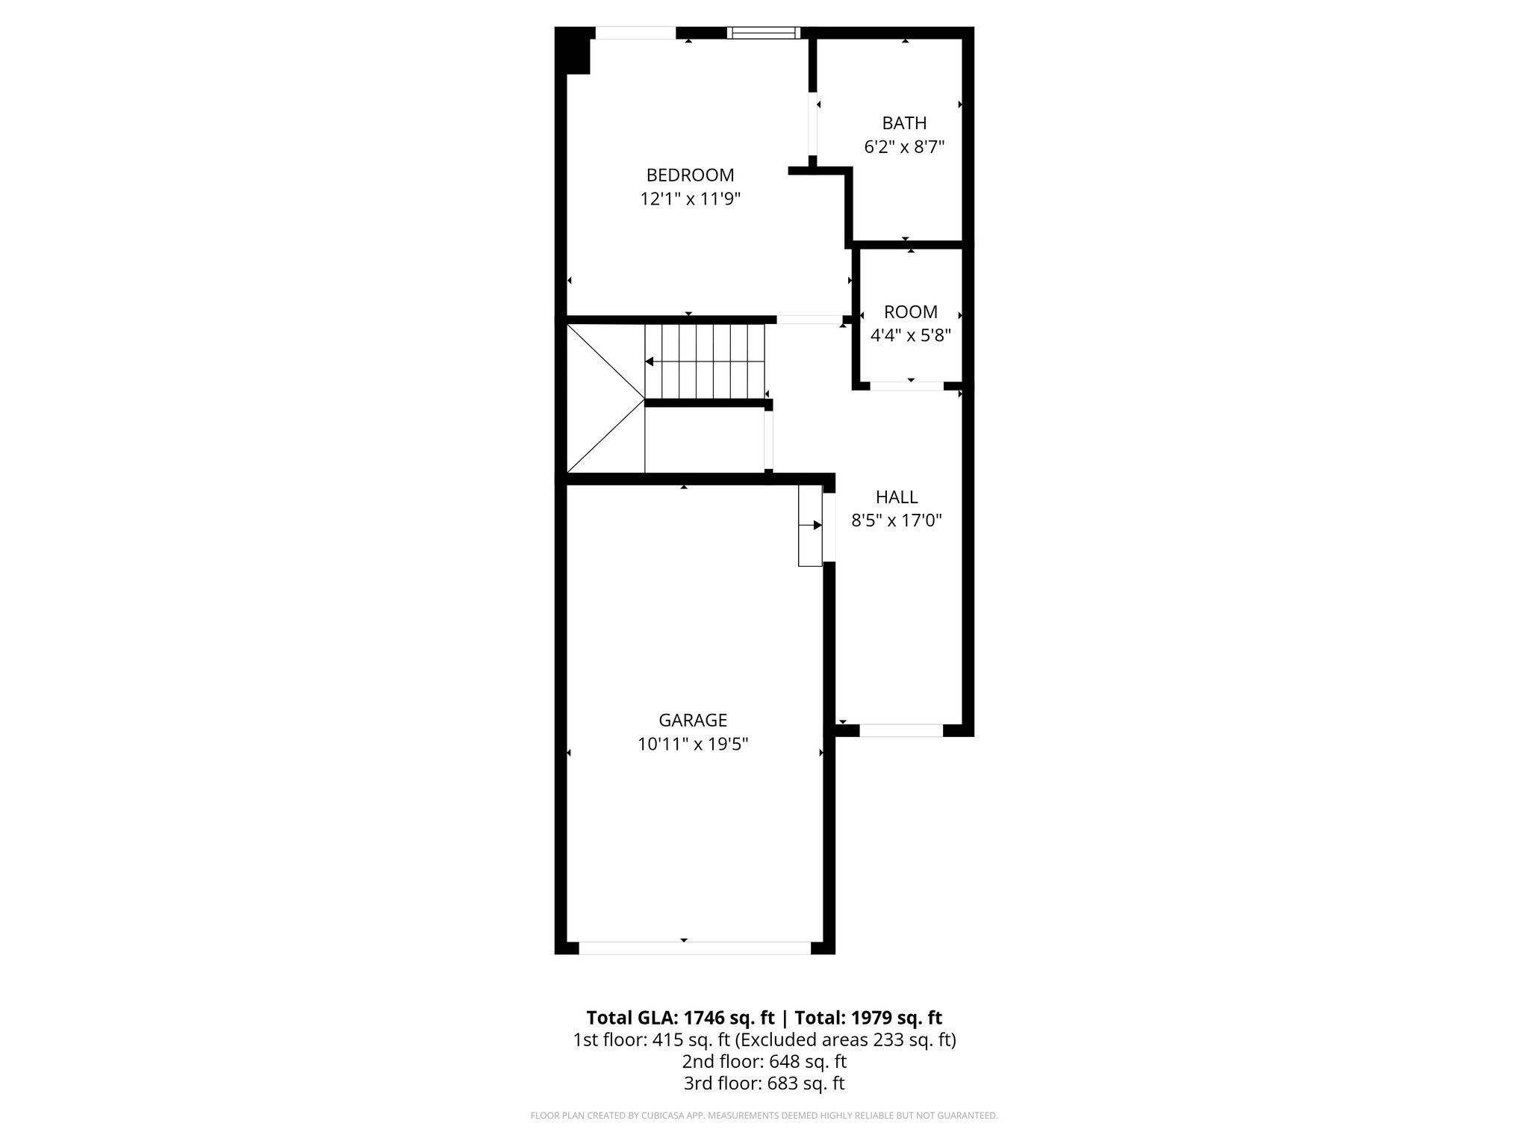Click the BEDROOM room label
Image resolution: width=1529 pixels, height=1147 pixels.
coord(690,175)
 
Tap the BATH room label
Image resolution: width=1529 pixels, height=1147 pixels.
coord(904,123)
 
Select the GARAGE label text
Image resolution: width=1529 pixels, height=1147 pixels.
coord(693,721)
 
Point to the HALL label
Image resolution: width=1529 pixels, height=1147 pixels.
coord(897,497)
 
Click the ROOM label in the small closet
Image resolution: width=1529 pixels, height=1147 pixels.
coord(911,312)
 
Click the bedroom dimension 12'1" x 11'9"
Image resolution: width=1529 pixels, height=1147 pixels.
coord(690,199)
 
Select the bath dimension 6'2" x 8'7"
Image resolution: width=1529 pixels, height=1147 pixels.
coord(904,147)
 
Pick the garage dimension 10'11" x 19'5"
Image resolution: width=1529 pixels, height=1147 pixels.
coord(693,745)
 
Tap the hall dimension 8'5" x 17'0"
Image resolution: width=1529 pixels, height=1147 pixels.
coord(897,520)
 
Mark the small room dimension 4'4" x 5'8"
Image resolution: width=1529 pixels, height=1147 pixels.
coord(911,335)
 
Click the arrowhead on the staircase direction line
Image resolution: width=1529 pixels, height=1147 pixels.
coord(650,362)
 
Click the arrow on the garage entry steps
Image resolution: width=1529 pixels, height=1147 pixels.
coord(818,526)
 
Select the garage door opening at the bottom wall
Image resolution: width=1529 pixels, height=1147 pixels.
coord(694,948)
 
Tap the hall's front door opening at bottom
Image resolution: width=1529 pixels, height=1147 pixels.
coord(901,730)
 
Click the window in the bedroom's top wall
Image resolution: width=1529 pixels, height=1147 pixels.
coord(763,33)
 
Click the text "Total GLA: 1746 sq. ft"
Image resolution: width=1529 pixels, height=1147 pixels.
coord(682,1018)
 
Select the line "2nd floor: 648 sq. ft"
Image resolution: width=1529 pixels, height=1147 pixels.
coord(764,1061)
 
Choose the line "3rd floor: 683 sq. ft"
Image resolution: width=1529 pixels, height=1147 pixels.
coord(764,1083)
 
